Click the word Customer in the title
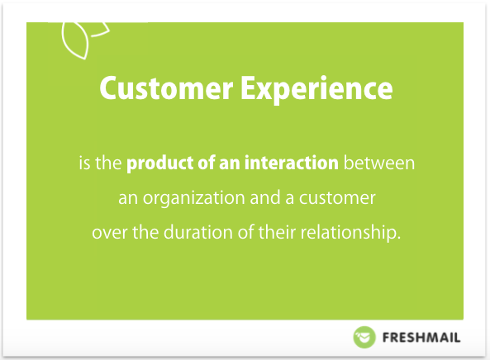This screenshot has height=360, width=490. click(166, 88)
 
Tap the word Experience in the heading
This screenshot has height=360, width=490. click(316, 90)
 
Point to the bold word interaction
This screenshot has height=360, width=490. click(291, 163)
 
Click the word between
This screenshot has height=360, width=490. click(379, 163)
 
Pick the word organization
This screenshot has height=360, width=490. click(193, 198)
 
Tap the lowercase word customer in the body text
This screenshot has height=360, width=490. click(337, 198)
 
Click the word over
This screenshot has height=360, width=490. click(110, 233)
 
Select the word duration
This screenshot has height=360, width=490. click(198, 232)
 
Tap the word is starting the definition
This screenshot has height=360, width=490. click(84, 163)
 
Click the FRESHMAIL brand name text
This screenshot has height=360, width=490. click(421, 338)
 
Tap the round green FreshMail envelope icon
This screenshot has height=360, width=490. click(364, 337)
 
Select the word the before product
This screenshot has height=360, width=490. click(108, 163)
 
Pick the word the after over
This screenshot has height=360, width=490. click(145, 232)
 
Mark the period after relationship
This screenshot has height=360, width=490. click(398, 238)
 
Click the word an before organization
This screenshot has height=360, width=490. click(128, 198)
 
